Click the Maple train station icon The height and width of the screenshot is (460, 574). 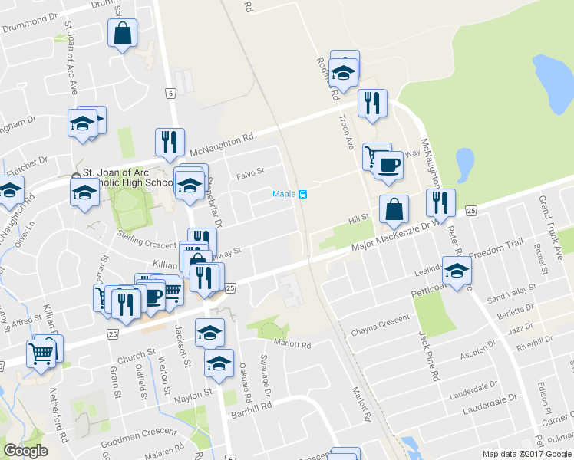click(x=303, y=194)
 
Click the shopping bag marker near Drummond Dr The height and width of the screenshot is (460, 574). click(x=122, y=33)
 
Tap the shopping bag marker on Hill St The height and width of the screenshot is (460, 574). click(x=394, y=209)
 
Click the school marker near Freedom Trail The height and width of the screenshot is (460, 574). click(x=457, y=271)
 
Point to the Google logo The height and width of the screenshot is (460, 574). click(x=25, y=451)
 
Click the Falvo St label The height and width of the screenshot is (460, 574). click(x=250, y=174)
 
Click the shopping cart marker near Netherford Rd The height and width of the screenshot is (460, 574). click(x=41, y=353)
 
